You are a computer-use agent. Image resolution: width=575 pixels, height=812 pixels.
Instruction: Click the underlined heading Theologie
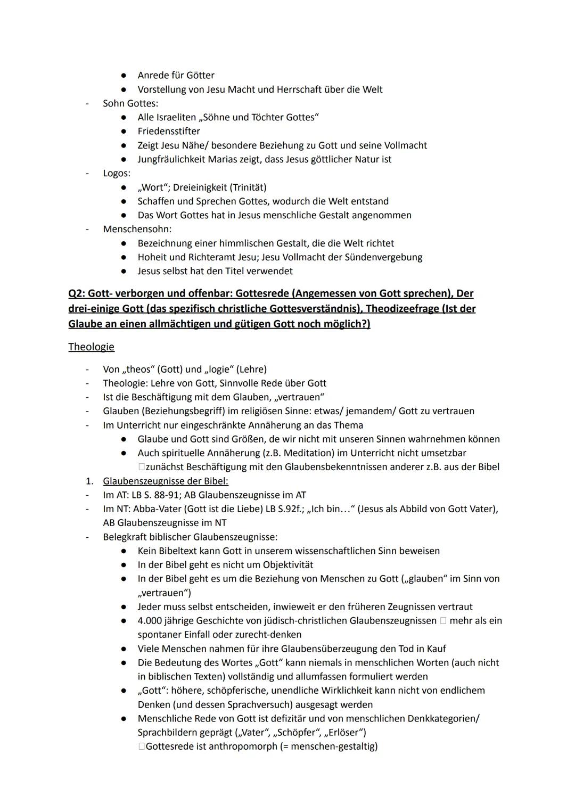pos(91,347)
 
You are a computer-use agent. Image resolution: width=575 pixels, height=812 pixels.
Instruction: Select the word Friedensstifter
pos(169,131)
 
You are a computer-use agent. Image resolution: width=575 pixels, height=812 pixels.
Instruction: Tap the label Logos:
pos(117,173)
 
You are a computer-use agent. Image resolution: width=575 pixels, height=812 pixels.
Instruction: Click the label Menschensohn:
pos(137,229)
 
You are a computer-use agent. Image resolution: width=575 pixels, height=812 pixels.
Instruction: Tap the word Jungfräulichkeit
pos(171,159)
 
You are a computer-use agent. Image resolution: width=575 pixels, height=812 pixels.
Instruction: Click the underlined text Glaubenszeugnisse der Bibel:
pos(165,481)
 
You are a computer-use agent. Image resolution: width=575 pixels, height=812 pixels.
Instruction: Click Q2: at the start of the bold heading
pos(78,293)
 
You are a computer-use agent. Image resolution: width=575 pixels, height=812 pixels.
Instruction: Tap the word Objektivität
pos(287,565)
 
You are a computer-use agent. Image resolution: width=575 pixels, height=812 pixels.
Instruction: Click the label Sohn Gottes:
pos(130,103)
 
